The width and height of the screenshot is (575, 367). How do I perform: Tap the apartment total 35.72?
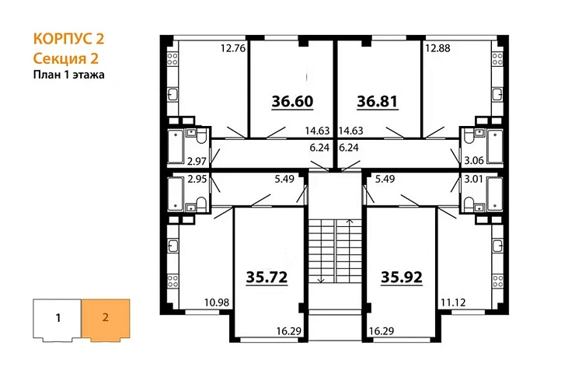(x=266, y=276)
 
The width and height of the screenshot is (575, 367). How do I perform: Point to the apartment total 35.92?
(x=402, y=276)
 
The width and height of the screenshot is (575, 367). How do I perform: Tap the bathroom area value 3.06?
(x=474, y=161)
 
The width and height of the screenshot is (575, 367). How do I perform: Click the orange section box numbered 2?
(x=105, y=318)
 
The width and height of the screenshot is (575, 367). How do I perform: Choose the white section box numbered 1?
(x=57, y=318)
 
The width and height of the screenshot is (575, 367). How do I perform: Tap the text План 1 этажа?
(x=69, y=75)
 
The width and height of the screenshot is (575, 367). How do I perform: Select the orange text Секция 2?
(x=66, y=58)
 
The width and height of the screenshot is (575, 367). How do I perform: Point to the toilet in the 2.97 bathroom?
(x=200, y=138)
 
